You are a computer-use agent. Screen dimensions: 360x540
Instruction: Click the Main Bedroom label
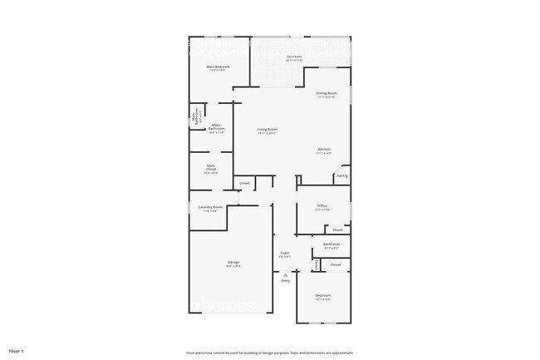coord(218,67)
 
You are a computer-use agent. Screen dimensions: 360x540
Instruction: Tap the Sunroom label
coord(294,57)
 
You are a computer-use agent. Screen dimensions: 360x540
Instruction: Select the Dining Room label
coord(326,93)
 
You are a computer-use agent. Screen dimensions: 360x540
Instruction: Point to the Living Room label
coord(267,129)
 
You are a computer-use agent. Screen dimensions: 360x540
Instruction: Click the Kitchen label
coord(324,150)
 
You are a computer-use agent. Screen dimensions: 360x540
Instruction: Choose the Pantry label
coord(341,175)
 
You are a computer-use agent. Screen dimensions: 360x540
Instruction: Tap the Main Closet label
coord(211,168)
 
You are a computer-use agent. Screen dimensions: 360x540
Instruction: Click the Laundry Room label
coord(210,207)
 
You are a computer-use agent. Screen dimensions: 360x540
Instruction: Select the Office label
coord(322,206)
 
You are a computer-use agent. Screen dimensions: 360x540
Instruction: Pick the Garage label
coord(234,262)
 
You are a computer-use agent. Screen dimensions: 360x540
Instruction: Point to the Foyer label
coord(284,253)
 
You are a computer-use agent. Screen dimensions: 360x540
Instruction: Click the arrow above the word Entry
coord(285,274)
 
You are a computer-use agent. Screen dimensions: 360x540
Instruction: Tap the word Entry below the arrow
coord(285,281)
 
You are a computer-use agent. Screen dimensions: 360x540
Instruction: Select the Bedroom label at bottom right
coord(322,295)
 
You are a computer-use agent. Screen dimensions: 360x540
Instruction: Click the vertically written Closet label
coord(317,264)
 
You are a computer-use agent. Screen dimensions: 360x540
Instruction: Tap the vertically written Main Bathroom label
coord(194,119)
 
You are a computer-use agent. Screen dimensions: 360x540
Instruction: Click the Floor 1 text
coord(16,351)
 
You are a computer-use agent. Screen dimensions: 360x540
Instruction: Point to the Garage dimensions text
coord(234,266)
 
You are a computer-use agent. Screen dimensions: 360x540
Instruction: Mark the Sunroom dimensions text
coord(294,61)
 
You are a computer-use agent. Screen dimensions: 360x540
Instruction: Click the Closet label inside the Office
coord(336,229)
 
